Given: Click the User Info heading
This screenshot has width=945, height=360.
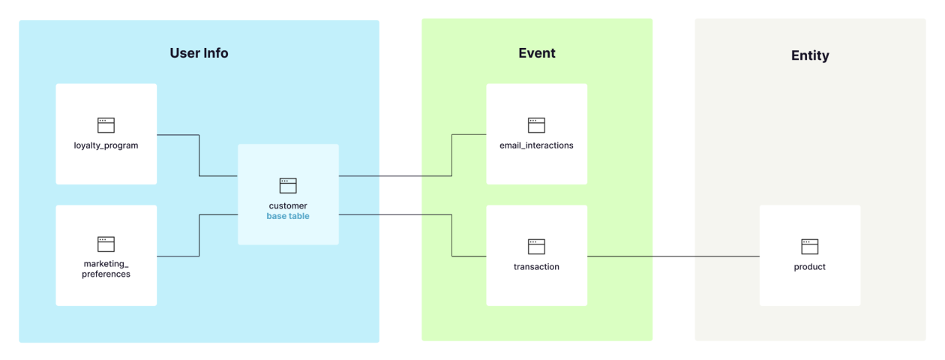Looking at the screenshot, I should coord(199,53).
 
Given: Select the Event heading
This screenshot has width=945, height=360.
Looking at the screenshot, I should coord(537,53).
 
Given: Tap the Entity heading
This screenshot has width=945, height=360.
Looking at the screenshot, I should coord(810,55).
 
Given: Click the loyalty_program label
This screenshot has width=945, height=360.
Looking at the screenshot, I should coord(106,145).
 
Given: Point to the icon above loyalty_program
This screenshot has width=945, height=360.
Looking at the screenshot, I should coord(106,125).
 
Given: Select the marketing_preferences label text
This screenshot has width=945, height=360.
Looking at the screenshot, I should coord(106,269).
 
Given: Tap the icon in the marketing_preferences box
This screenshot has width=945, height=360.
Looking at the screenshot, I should coord(106,244).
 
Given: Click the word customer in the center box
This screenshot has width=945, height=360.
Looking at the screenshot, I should coord(288,205).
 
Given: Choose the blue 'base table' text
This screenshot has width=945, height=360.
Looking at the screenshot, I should coord(288,216).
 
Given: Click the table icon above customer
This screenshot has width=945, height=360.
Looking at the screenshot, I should coord(288,185).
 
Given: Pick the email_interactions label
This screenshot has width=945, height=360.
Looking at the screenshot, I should coord(536,145).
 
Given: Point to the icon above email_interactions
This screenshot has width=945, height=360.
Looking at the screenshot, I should coord(536,125).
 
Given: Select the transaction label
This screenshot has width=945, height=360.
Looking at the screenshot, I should coord(536,267).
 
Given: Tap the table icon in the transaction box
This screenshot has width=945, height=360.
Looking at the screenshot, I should coord(536,247).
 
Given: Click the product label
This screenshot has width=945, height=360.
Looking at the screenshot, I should coord(810,267).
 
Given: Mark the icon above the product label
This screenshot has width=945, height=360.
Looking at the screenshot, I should coord(810,247).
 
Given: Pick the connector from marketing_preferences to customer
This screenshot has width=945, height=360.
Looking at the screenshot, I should coord(199,235).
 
